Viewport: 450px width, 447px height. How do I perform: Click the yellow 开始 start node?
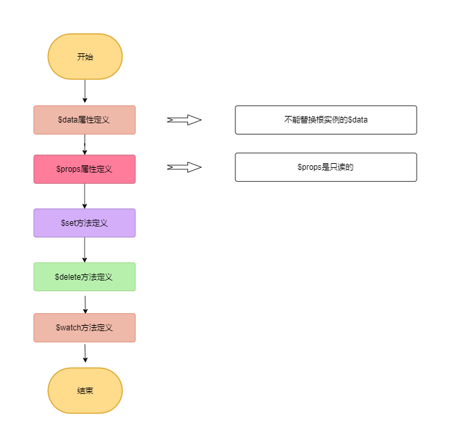85,57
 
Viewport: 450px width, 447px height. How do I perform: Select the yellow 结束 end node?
85,390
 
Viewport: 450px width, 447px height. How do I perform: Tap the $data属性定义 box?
85,120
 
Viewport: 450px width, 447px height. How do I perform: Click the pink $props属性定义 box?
85,169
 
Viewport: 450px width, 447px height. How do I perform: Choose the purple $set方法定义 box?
85,223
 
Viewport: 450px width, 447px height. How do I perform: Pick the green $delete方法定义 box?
85,276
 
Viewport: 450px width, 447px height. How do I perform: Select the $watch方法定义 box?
85,328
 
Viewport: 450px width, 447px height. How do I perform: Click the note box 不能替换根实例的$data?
326,120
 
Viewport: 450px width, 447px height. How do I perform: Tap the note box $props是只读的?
326,167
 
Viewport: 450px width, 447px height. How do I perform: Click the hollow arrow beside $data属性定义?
184,120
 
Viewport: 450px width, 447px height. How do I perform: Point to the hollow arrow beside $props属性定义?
184,167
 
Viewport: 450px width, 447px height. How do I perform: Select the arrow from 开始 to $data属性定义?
85,91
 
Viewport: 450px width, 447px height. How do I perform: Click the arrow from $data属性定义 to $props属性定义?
85,145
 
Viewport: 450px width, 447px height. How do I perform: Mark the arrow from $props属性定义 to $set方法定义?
85,196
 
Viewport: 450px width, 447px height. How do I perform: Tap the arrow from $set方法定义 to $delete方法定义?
85,250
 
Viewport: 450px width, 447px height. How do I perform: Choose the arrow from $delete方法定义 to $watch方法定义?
85,304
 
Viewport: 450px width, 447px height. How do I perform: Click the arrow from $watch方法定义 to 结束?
85,353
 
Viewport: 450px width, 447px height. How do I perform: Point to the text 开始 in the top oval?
85,57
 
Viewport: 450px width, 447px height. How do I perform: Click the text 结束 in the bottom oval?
85,390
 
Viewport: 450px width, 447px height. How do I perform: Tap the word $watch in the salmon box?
68,328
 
